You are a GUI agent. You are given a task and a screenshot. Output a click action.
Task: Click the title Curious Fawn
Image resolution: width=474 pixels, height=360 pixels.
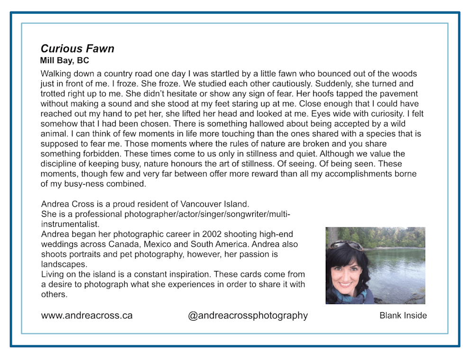[x=77, y=48]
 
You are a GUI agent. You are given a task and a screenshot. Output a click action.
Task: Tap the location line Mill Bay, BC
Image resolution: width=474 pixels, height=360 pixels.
[x=64, y=61]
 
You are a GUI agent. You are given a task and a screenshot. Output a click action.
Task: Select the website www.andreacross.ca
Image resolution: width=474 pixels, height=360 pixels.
[x=87, y=315]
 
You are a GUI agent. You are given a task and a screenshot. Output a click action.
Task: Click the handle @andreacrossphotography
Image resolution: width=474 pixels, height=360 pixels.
[x=248, y=315]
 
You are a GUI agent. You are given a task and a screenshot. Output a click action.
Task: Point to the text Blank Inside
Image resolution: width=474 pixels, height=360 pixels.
[x=403, y=315]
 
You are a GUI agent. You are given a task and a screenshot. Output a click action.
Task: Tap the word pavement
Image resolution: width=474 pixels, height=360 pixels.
[x=396, y=93]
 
